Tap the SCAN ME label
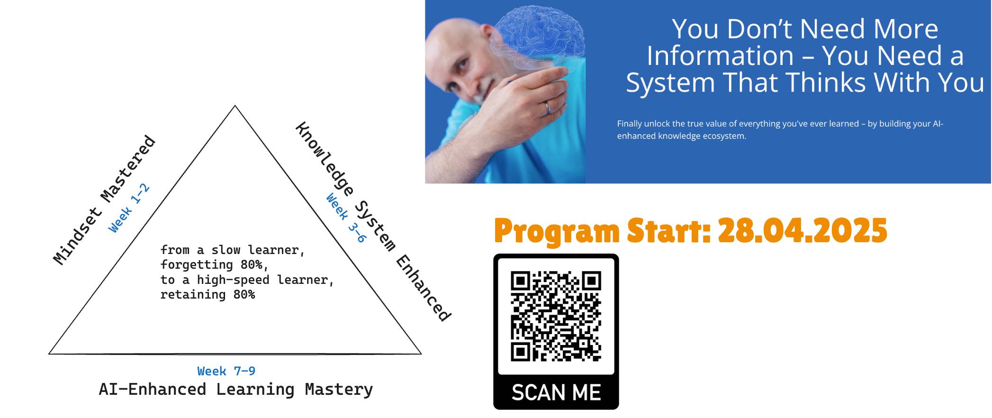[556, 392]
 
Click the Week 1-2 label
[129, 208]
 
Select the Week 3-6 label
[346, 218]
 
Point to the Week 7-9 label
[226, 371]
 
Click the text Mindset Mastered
[104, 200]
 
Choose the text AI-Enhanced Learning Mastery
[236, 390]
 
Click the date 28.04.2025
[803, 231]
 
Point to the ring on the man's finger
[548, 108]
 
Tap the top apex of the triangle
[235, 105]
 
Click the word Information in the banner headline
[720, 55]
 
